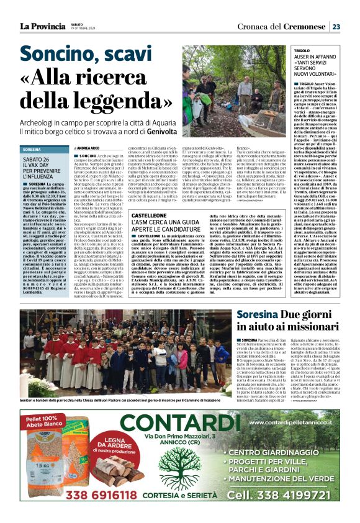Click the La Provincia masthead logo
coord(42,27)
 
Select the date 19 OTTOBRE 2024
coord(84,29)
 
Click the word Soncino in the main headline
coord(73,55)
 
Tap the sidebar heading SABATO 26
coord(37,160)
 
